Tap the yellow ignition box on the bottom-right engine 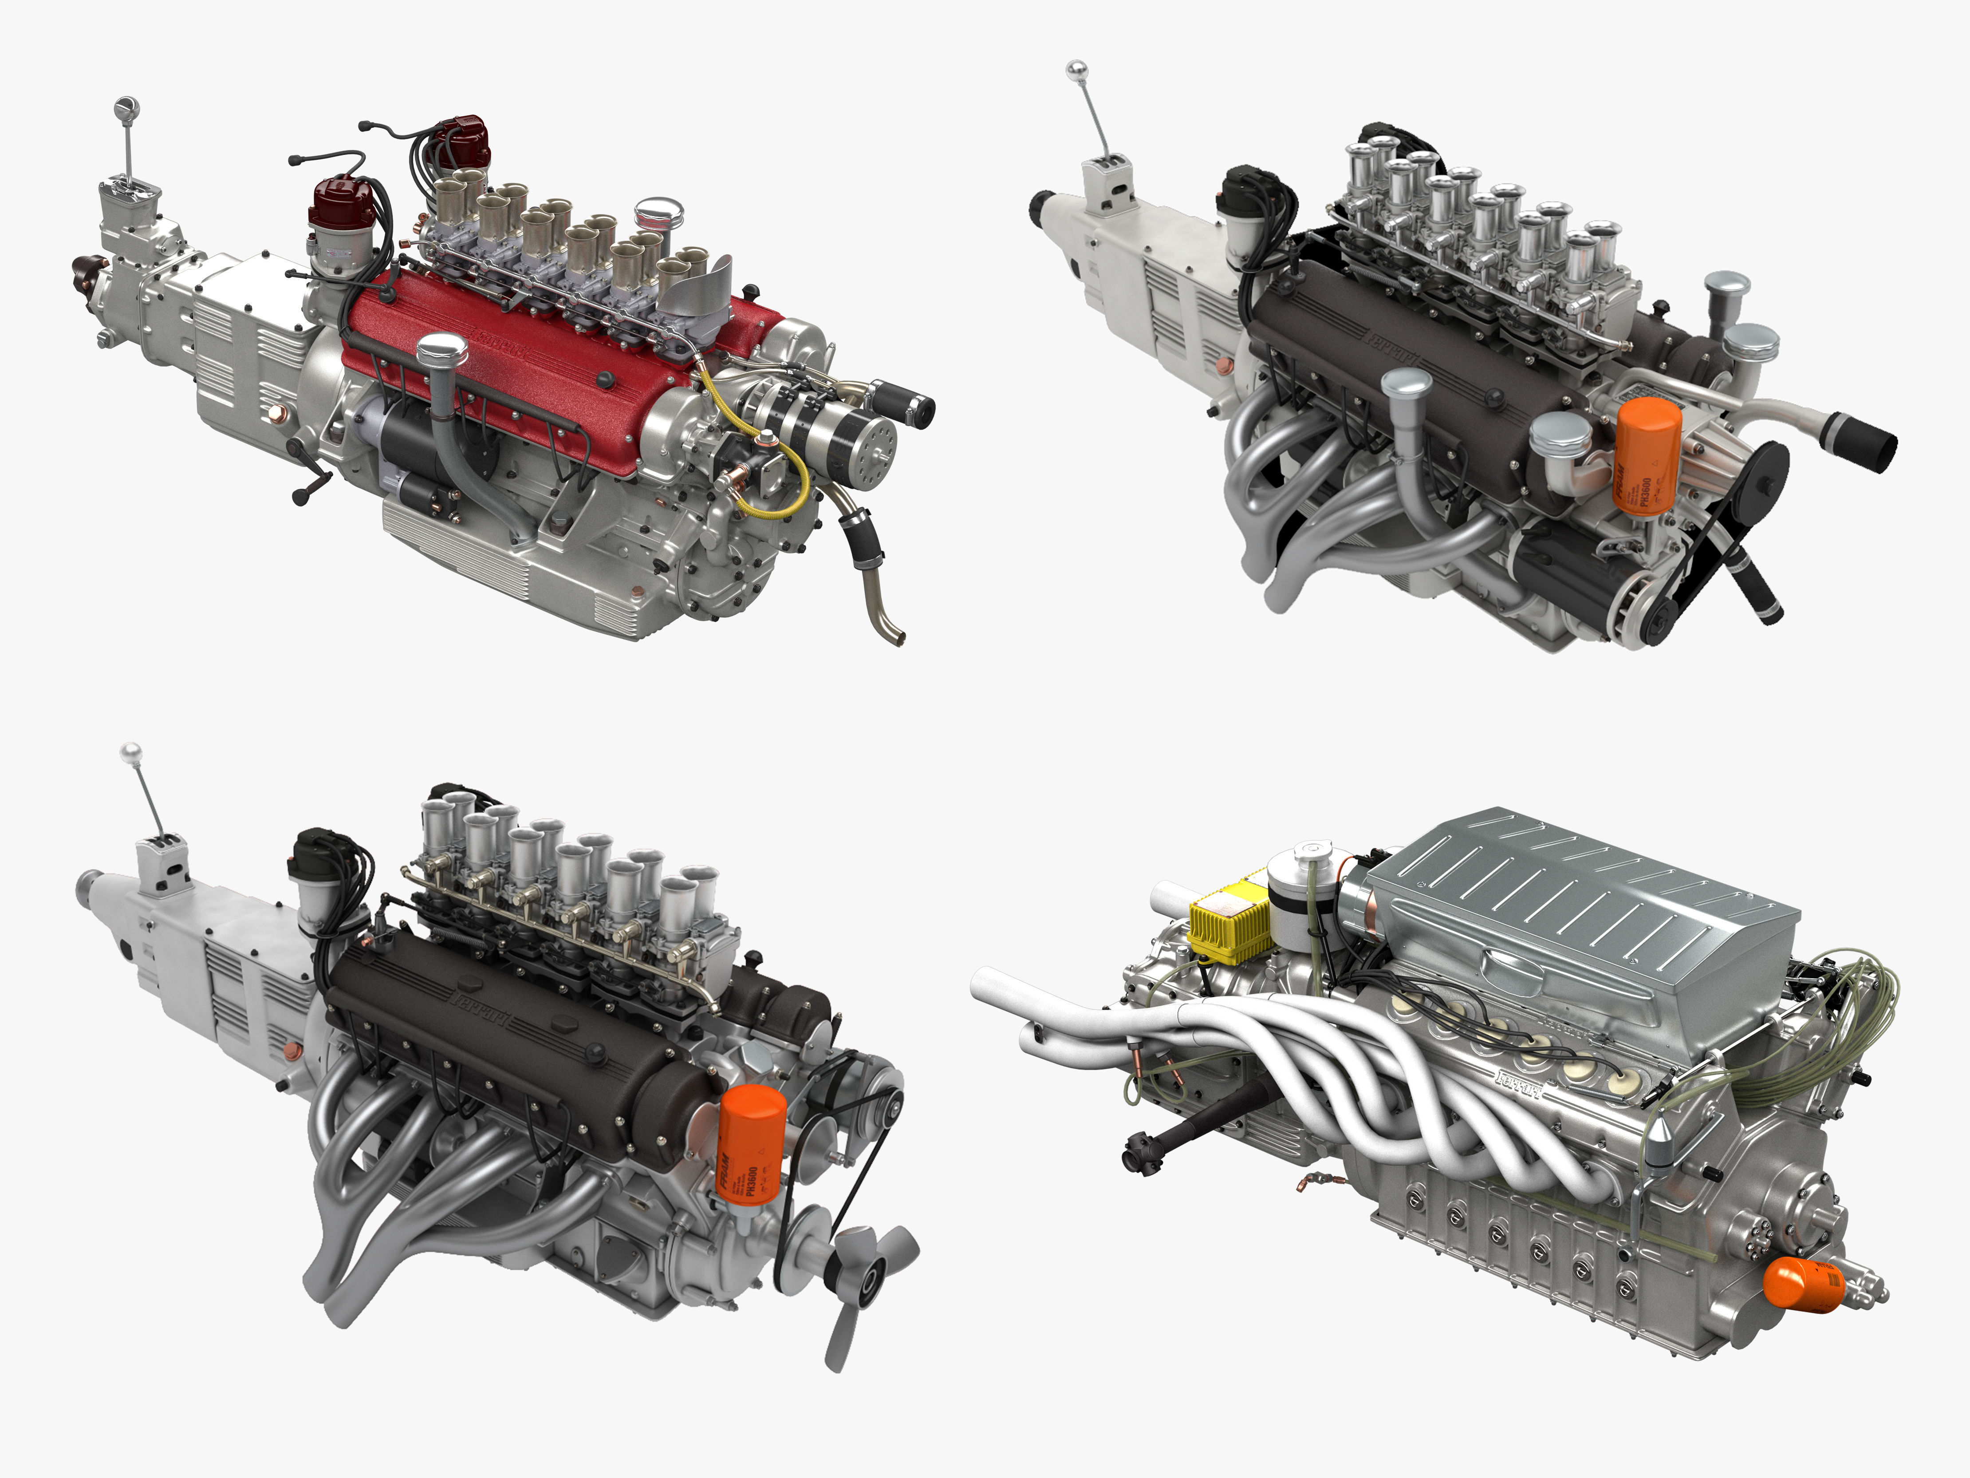click(x=1230, y=921)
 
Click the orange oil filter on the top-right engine click(x=1647, y=456)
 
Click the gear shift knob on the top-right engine click(x=1077, y=70)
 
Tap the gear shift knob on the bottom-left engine click(x=131, y=752)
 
